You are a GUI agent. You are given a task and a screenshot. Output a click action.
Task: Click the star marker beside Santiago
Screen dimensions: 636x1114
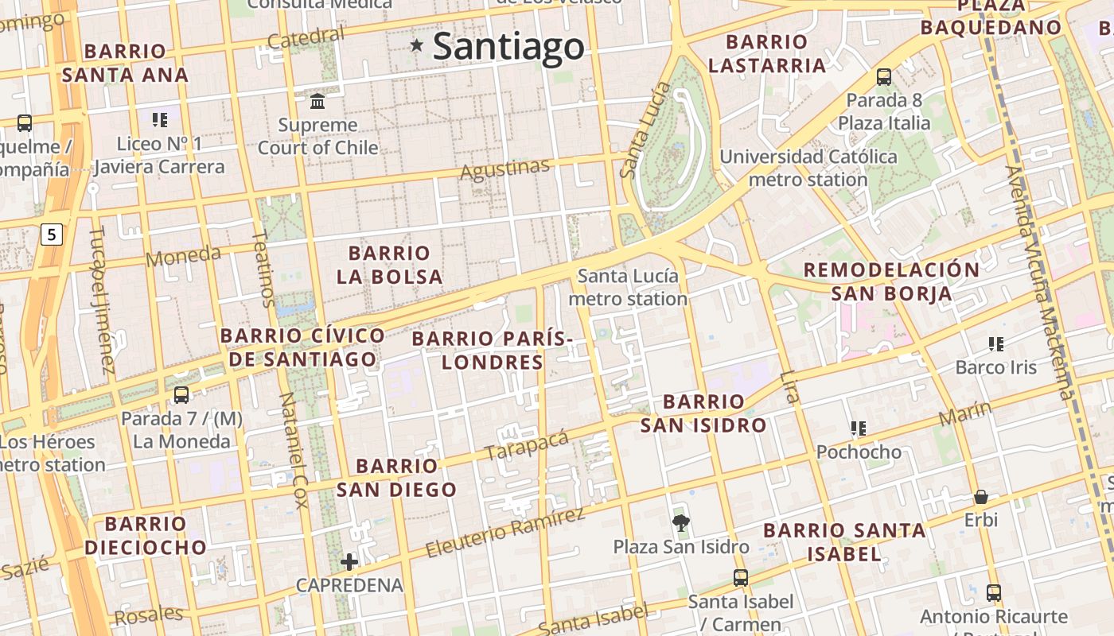point(416,45)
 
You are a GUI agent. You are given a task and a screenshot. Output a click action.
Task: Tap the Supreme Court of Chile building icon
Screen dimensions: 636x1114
point(318,101)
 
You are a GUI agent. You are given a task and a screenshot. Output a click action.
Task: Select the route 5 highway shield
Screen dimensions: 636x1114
point(52,235)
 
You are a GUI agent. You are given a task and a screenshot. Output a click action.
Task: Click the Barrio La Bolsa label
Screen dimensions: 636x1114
point(389,265)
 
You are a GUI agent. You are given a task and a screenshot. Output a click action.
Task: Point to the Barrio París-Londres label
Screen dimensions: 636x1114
point(493,351)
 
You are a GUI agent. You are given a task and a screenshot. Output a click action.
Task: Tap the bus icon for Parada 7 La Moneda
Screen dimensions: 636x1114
point(181,395)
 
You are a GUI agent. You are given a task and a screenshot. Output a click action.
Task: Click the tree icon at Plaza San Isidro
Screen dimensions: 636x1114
point(680,523)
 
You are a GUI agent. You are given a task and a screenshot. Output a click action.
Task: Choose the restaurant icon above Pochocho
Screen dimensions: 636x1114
point(858,429)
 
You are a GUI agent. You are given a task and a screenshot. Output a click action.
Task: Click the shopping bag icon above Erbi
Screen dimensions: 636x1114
point(981,498)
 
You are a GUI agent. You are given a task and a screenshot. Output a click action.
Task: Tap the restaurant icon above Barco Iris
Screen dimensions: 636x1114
point(995,344)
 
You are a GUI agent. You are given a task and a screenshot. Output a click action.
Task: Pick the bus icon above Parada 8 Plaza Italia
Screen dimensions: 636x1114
point(883,77)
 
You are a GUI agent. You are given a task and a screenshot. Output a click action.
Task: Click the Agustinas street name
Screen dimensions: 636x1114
point(505,169)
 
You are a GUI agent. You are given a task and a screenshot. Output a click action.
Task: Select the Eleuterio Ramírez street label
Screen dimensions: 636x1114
point(504,532)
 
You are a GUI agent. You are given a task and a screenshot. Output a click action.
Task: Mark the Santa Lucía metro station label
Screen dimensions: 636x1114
point(628,288)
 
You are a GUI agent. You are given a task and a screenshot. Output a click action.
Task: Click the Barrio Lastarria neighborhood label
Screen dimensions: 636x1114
point(767,53)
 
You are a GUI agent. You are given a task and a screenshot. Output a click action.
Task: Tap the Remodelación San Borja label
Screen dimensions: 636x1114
point(891,281)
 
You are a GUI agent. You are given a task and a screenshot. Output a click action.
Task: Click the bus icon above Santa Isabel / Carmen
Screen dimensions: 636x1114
point(741,578)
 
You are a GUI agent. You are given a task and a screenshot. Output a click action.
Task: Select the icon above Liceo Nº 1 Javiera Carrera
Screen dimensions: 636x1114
point(160,120)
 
